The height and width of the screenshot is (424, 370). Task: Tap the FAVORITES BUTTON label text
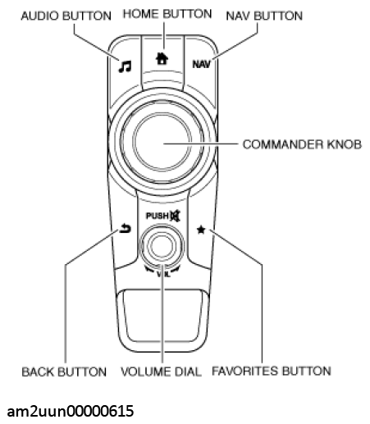[x=272, y=371]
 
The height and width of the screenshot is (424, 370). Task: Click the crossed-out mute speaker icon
[x=174, y=215]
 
